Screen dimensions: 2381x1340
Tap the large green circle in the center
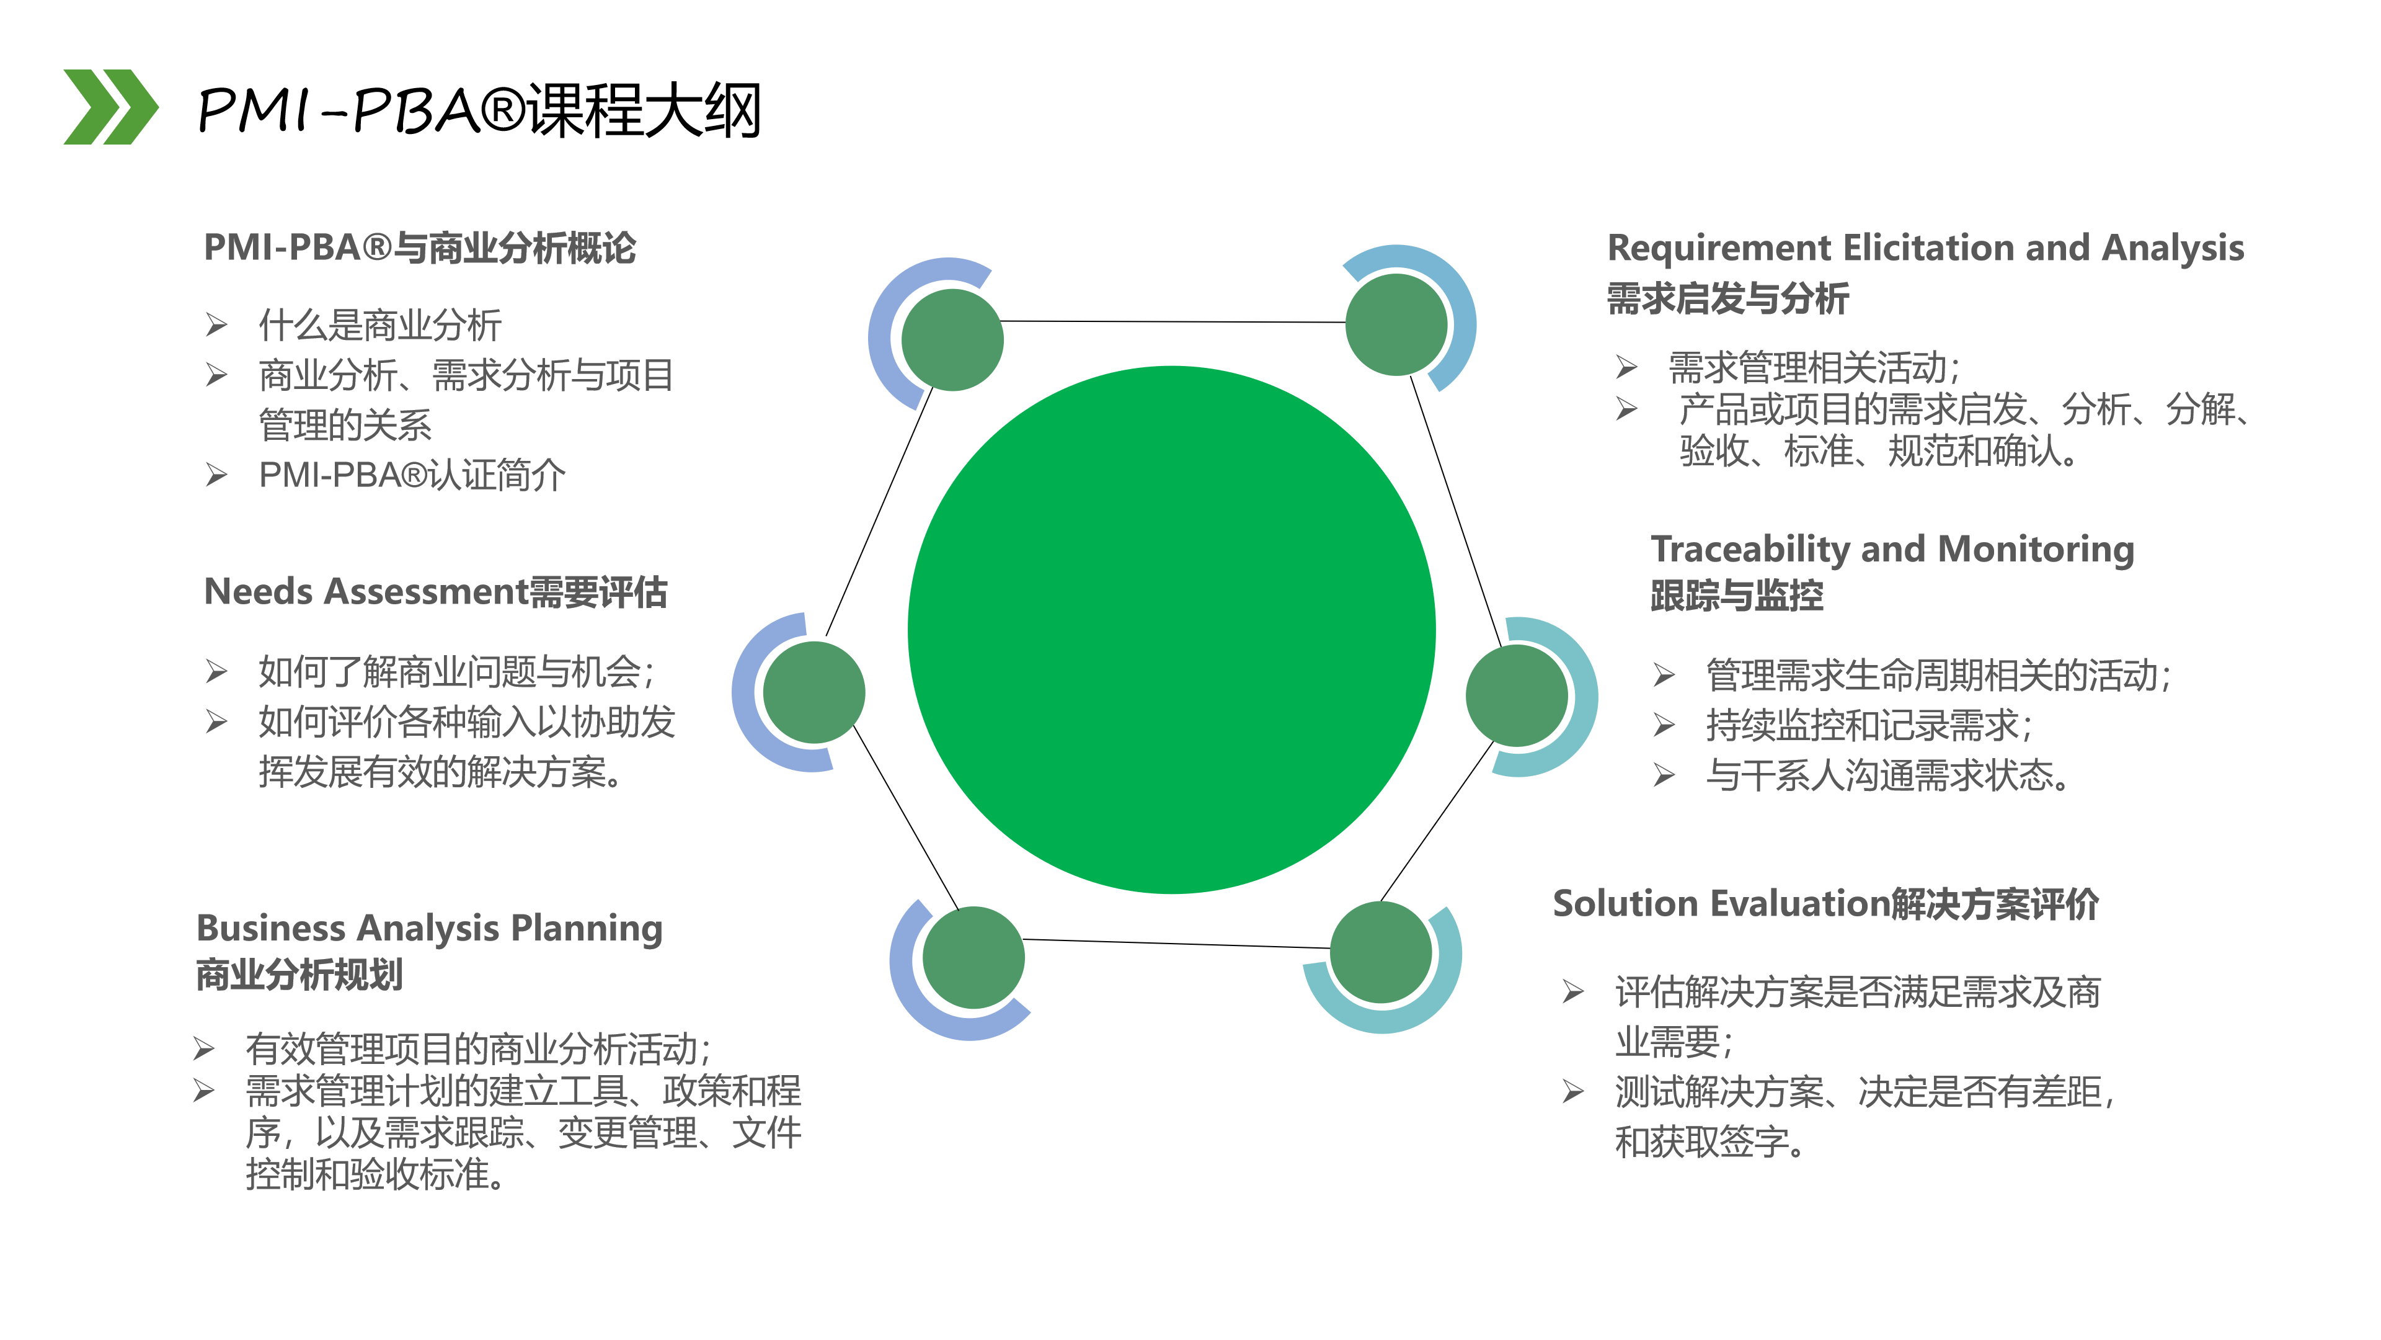coord(1171,630)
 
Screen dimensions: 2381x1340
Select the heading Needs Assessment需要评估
coord(435,592)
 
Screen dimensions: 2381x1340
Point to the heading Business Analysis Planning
coord(430,929)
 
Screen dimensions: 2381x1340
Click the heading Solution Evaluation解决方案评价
coord(1825,903)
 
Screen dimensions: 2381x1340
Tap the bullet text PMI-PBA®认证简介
coord(412,475)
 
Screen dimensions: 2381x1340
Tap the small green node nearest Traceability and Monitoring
coord(1517,695)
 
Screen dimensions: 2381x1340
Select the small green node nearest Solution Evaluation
coord(1381,952)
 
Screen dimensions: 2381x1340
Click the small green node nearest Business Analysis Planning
coord(973,957)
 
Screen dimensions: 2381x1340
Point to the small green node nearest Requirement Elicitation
coord(1396,324)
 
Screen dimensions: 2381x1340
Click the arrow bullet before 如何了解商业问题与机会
coord(216,671)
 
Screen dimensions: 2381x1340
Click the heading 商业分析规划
coord(299,975)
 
